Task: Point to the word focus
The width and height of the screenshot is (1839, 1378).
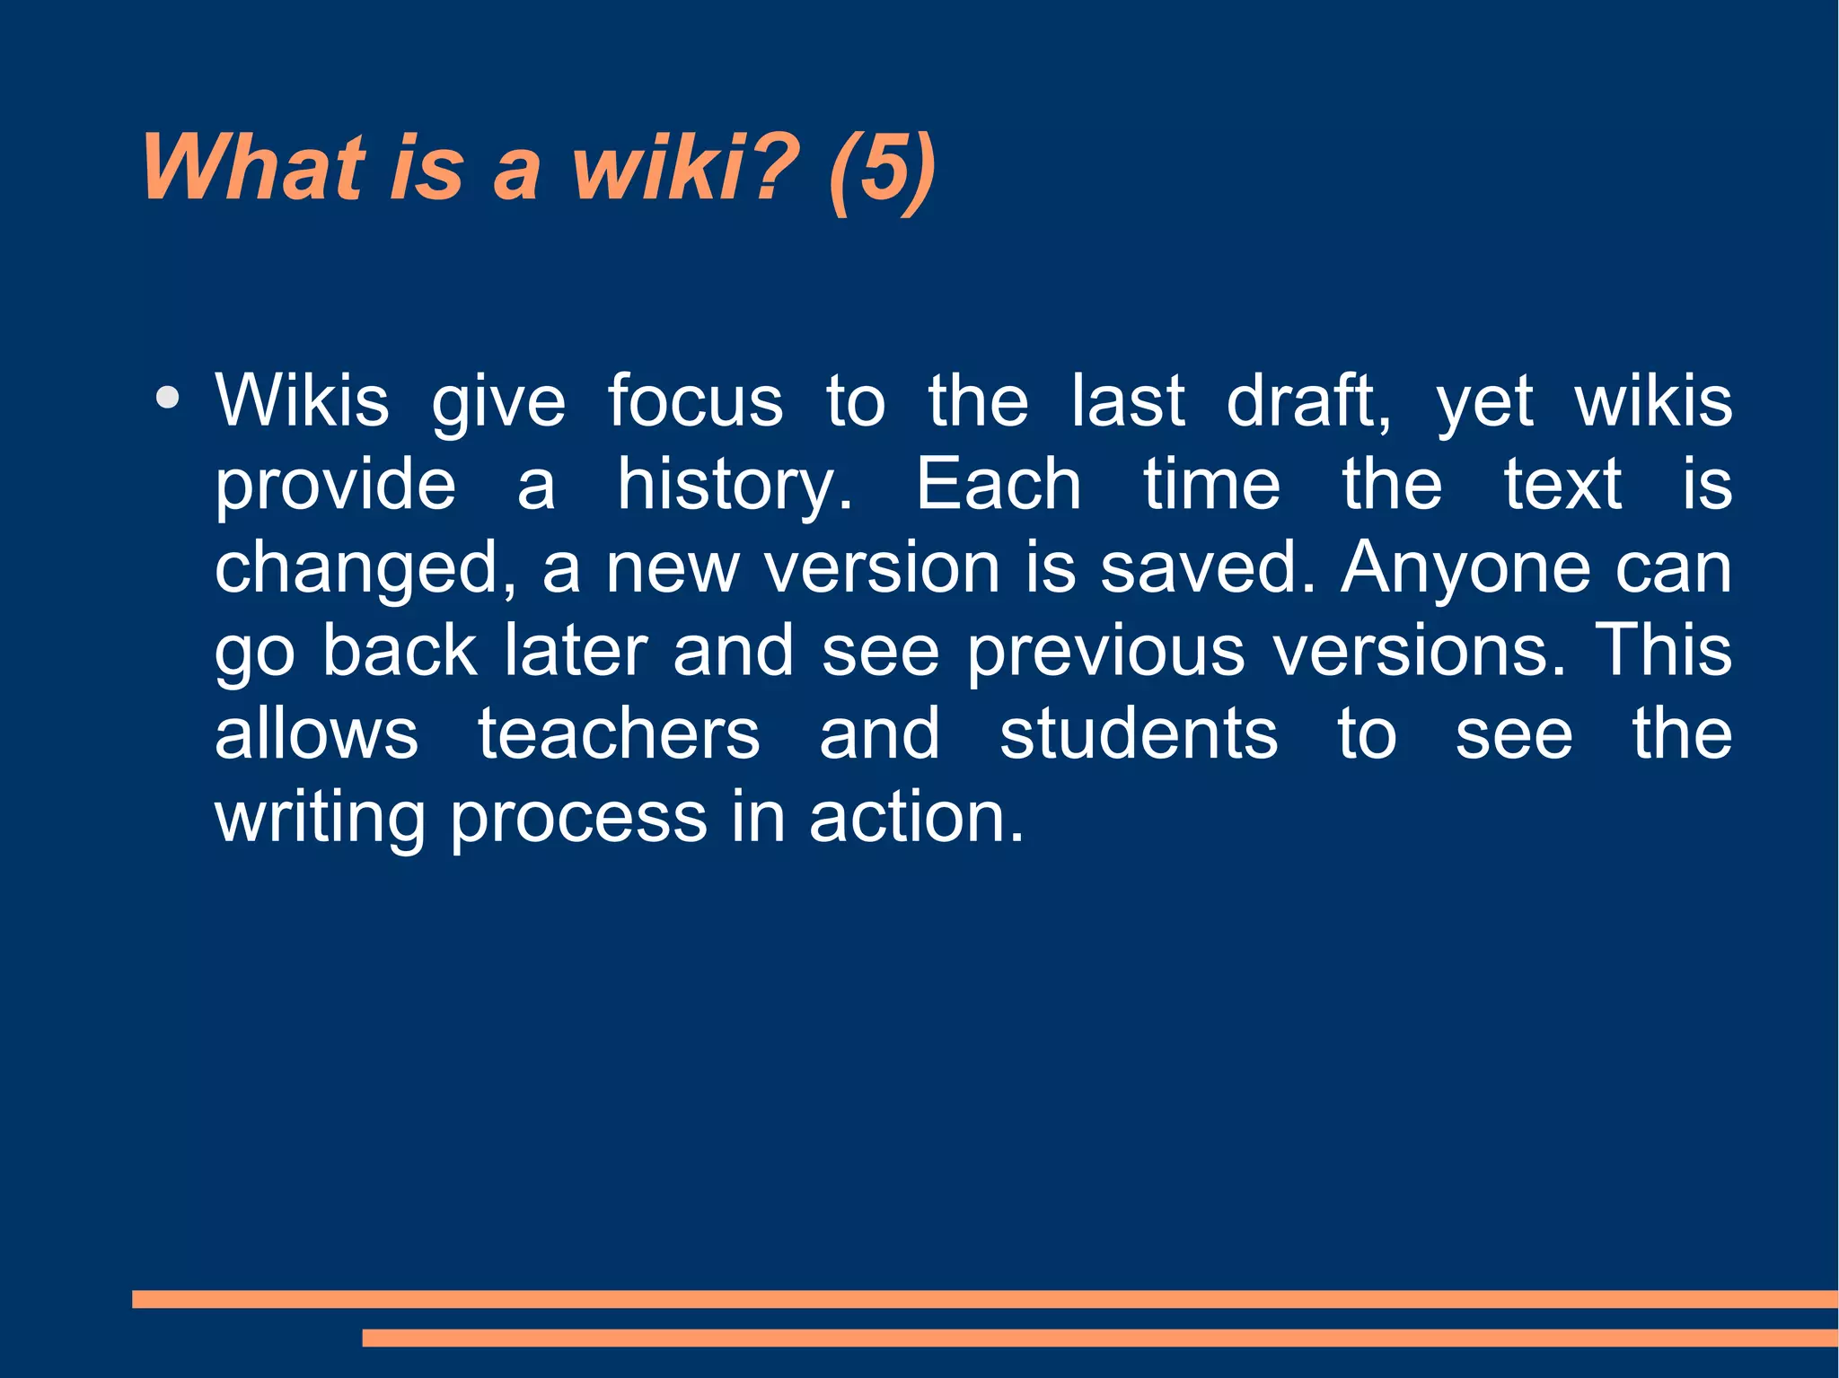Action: coord(695,400)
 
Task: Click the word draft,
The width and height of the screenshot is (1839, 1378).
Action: coord(1308,400)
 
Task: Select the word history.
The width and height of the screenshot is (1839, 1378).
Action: coord(735,485)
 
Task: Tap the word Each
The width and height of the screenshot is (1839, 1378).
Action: coord(998,485)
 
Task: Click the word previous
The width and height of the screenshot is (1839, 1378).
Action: coord(1105,652)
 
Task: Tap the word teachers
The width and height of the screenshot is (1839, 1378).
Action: coord(619,734)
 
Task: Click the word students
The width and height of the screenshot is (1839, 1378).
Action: coord(1139,734)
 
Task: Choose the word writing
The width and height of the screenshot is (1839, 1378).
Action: coord(320,819)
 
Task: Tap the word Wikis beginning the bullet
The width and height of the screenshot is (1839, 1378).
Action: coord(303,400)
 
